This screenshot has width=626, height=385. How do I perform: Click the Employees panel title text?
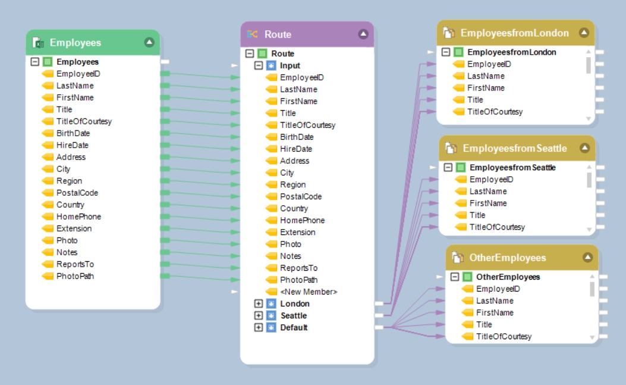tap(76, 43)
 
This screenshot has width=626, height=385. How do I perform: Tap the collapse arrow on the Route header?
tap(363, 35)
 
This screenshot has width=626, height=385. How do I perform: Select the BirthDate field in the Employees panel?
tap(73, 133)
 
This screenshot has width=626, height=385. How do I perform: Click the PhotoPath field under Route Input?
tap(298, 280)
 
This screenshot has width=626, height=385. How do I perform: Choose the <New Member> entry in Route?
tap(309, 292)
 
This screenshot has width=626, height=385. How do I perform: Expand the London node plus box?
tap(259, 303)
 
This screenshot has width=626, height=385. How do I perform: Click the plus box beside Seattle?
tap(259, 315)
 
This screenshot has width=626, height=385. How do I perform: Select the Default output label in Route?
tap(294, 327)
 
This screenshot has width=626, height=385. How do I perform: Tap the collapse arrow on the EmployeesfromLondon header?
tap(584, 33)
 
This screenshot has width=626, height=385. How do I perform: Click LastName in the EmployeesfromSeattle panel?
tap(488, 191)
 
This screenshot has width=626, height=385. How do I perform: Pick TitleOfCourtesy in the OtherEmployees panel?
tap(504, 336)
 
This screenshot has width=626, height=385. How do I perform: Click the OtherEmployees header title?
tap(507, 258)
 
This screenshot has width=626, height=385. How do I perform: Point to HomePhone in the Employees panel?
tap(78, 217)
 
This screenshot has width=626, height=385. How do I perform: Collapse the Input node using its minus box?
tap(259, 65)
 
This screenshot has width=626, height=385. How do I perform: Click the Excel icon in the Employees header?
tap(39, 43)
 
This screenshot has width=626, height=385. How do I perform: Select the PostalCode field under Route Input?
tap(301, 196)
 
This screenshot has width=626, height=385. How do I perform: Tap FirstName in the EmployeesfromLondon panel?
tap(486, 87)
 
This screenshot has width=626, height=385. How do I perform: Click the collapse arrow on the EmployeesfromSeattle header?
tap(584, 148)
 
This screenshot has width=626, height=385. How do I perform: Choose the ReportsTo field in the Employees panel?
tap(75, 264)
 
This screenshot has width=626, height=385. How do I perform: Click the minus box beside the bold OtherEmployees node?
tap(455, 277)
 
